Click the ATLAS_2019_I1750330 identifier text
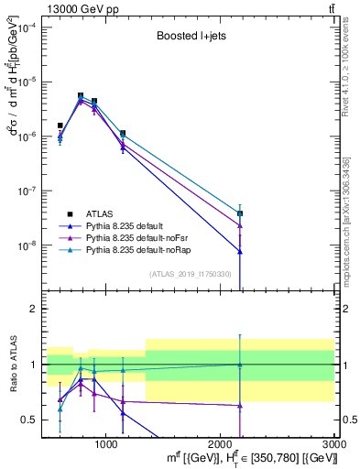tap(190, 274)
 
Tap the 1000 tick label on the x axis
tap(105, 443)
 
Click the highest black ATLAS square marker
tap(81, 95)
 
